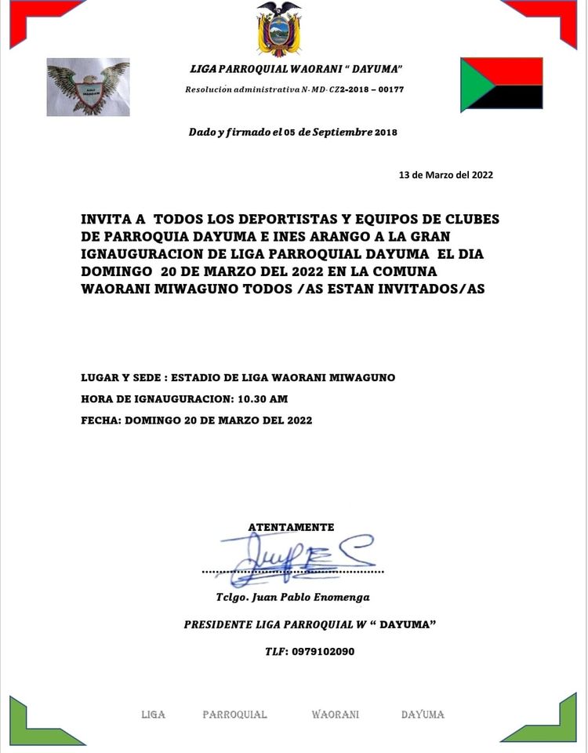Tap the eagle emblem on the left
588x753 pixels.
click(x=88, y=87)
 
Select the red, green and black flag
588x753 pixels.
click(x=502, y=84)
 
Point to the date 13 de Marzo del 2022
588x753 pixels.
click(x=446, y=175)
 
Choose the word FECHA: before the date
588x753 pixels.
click(x=100, y=420)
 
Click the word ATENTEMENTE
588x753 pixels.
click(x=291, y=527)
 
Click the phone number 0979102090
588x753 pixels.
click(x=322, y=651)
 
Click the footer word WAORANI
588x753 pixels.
click(x=335, y=715)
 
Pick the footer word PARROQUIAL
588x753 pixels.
click(x=234, y=715)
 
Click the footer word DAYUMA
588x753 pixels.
click(x=423, y=715)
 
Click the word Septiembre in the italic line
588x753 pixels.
click(x=342, y=132)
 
